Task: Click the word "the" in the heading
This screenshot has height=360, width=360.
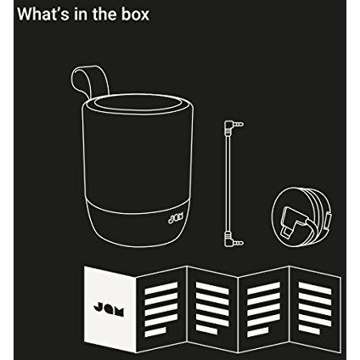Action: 104,14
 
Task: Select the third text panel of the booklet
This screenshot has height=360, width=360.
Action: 262,309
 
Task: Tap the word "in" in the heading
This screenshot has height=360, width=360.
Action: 82,14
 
